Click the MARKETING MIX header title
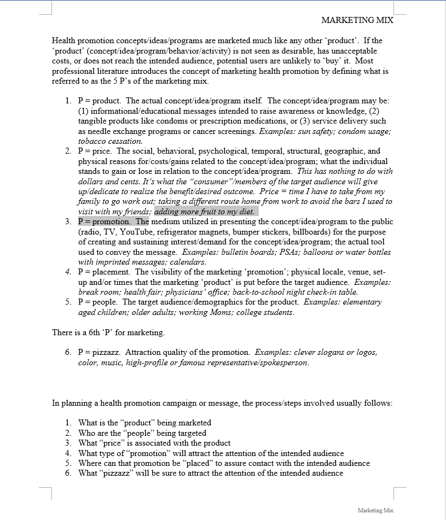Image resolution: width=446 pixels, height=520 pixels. tap(357, 20)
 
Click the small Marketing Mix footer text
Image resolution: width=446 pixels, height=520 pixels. tap(375, 510)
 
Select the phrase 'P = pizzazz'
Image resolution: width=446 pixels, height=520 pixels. tap(100, 352)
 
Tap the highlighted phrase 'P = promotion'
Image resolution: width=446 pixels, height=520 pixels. tap(104, 221)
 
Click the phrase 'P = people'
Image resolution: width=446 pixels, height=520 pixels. tap(99, 302)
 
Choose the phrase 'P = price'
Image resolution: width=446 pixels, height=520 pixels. tap(95, 151)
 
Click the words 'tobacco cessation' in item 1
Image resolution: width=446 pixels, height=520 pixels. tap(102, 141)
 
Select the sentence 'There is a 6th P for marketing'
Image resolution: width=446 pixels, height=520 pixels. tap(108, 332)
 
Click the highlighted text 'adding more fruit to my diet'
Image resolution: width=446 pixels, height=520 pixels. tap(206, 212)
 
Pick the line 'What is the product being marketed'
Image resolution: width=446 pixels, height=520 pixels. tap(144, 423)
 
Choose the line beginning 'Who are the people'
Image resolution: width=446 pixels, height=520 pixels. tap(142, 433)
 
